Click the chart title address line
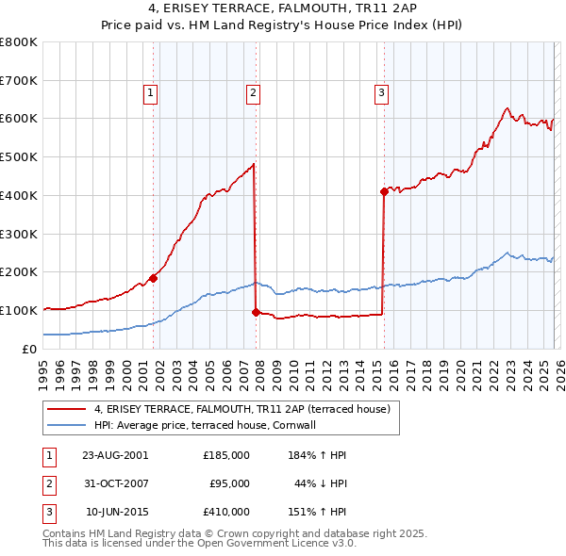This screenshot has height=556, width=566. (x=283, y=8)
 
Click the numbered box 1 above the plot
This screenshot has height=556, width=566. (x=151, y=92)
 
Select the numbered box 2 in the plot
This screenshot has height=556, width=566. (x=254, y=92)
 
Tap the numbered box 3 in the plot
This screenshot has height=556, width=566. (x=381, y=92)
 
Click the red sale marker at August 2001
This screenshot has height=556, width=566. (x=153, y=278)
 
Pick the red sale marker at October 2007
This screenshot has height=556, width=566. (x=256, y=312)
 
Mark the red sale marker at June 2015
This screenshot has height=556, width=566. (x=384, y=191)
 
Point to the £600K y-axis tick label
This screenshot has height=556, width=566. (x=19, y=119)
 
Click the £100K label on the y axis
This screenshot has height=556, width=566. (x=19, y=310)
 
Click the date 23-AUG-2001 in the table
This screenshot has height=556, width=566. (x=115, y=455)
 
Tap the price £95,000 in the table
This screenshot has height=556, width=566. (x=229, y=483)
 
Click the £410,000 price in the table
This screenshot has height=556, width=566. (x=226, y=512)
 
